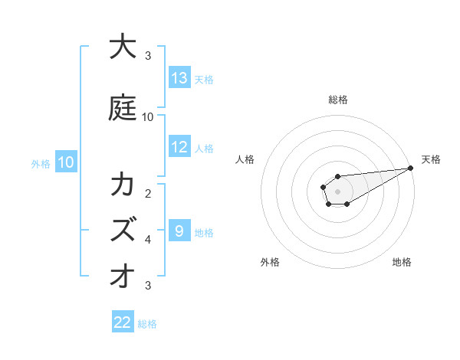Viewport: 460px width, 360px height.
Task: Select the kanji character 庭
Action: pos(123,108)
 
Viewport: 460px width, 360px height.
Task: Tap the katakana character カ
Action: pos(123,186)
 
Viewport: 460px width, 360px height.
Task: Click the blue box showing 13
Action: pos(179,78)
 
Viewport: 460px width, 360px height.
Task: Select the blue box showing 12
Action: pos(179,147)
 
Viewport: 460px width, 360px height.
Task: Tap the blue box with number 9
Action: pos(179,231)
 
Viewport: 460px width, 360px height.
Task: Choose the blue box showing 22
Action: pos(123,322)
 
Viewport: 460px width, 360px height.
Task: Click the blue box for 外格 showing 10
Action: pos(65,162)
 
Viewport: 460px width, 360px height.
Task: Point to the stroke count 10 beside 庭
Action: pos(148,117)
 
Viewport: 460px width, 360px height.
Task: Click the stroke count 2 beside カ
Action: pos(148,193)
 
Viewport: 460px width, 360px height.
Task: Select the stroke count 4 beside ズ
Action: pos(148,240)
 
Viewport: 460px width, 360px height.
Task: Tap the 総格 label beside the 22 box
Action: pos(147,324)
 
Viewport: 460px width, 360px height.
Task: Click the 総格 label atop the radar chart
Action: pos(338,100)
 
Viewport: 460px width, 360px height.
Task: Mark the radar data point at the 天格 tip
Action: pos(411,169)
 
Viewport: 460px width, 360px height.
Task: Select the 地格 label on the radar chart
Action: pos(402,262)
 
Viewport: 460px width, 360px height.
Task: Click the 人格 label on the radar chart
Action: pos(245,159)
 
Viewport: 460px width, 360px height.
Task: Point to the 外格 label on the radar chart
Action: pos(270,262)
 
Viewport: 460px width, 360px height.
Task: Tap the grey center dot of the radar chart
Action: pos(337,191)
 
